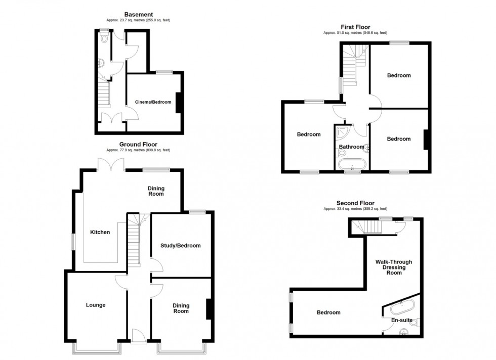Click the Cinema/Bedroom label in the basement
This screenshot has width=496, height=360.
click(153, 102)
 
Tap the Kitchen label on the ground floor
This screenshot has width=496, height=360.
click(100, 232)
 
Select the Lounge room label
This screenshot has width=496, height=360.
click(96, 305)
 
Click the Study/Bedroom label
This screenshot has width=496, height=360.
click(181, 246)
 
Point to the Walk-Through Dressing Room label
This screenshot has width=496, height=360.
click(393, 267)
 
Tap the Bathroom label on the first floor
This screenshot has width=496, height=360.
click(351, 147)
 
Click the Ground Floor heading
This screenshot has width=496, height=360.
click(138, 144)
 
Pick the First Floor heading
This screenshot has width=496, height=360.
click(355, 27)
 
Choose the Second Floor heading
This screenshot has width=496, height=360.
click(355, 203)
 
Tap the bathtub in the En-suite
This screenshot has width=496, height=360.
click(401, 306)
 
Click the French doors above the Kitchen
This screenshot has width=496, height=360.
click(110, 164)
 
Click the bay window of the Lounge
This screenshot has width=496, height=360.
click(96, 347)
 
